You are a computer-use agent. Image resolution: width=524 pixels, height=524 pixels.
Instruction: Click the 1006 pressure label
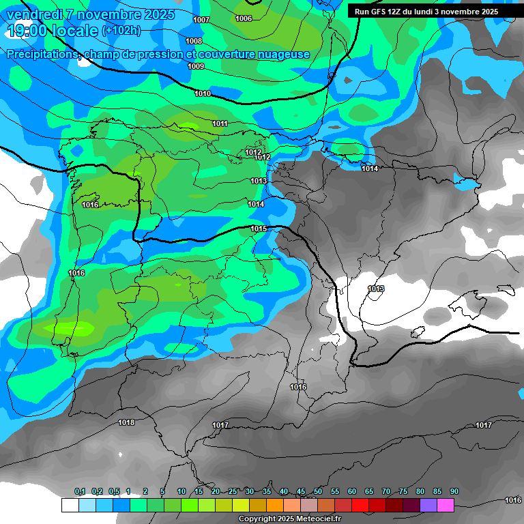point(244,18)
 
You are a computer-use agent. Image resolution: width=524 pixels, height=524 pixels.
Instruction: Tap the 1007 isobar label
point(201,20)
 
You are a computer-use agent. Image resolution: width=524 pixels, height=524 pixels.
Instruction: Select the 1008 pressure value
point(194,41)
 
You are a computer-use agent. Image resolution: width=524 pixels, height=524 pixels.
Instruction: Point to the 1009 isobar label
point(196,66)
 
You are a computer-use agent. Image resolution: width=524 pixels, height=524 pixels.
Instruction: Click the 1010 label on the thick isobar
point(203,93)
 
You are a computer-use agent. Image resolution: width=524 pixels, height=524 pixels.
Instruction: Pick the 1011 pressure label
point(220,123)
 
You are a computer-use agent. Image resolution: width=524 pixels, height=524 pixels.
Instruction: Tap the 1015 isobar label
point(259,229)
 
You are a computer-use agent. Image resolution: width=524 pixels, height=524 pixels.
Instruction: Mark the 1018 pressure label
point(126,422)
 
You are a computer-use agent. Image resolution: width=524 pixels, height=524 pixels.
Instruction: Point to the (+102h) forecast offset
point(121,31)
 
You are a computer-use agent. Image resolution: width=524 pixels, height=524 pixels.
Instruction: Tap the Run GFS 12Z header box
point(426,12)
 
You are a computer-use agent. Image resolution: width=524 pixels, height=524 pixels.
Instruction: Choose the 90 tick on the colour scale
point(454,491)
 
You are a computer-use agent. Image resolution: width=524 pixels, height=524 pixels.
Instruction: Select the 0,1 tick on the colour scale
point(80,491)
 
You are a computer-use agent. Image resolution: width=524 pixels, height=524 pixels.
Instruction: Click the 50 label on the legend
point(318,491)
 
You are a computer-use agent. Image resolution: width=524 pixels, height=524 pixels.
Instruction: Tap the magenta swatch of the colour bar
point(446,505)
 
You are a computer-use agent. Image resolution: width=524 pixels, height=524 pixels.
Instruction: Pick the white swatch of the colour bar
point(70,505)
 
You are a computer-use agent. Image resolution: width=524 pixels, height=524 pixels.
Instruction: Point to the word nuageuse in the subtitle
point(282,54)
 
